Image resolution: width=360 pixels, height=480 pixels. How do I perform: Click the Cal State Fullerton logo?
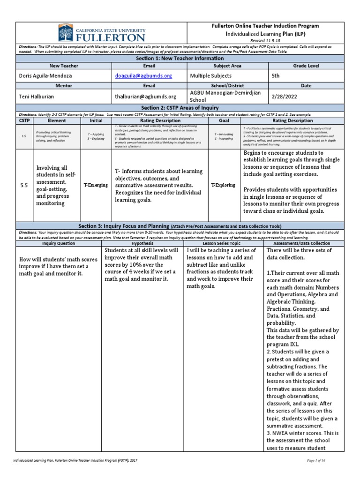101,33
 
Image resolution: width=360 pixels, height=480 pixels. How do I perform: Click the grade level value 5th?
277,75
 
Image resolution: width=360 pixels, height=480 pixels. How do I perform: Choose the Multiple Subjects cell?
211,75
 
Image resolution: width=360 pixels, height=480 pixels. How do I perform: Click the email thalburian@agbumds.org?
146,97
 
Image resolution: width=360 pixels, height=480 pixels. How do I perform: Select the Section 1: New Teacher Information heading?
180,58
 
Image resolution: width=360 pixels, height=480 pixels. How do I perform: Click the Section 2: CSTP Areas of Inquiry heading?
180,108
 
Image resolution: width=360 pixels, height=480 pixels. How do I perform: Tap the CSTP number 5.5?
24,186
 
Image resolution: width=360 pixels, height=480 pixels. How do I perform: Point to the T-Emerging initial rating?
96,186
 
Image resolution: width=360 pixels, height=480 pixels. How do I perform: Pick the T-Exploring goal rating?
223,186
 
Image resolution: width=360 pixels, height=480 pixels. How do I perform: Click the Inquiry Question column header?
59,244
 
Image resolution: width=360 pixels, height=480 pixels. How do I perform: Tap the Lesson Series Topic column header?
224,244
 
